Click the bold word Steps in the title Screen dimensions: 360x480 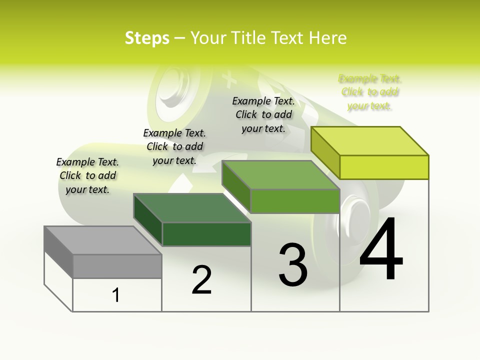click(147, 38)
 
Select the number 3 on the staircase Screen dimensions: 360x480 click(293, 264)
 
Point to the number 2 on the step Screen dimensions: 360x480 click(201, 280)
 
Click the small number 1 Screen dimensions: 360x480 click(116, 295)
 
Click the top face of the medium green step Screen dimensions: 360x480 click(280, 175)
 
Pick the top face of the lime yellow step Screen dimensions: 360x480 click(370, 140)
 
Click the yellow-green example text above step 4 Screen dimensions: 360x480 click(369, 92)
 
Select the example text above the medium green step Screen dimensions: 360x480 click(263, 115)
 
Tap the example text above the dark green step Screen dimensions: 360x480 click(174, 146)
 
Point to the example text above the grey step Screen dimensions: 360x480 click(87, 175)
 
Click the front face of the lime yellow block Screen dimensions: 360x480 click(384, 167)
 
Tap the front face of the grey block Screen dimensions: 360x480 click(117, 266)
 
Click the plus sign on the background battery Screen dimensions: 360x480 click(229, 78)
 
